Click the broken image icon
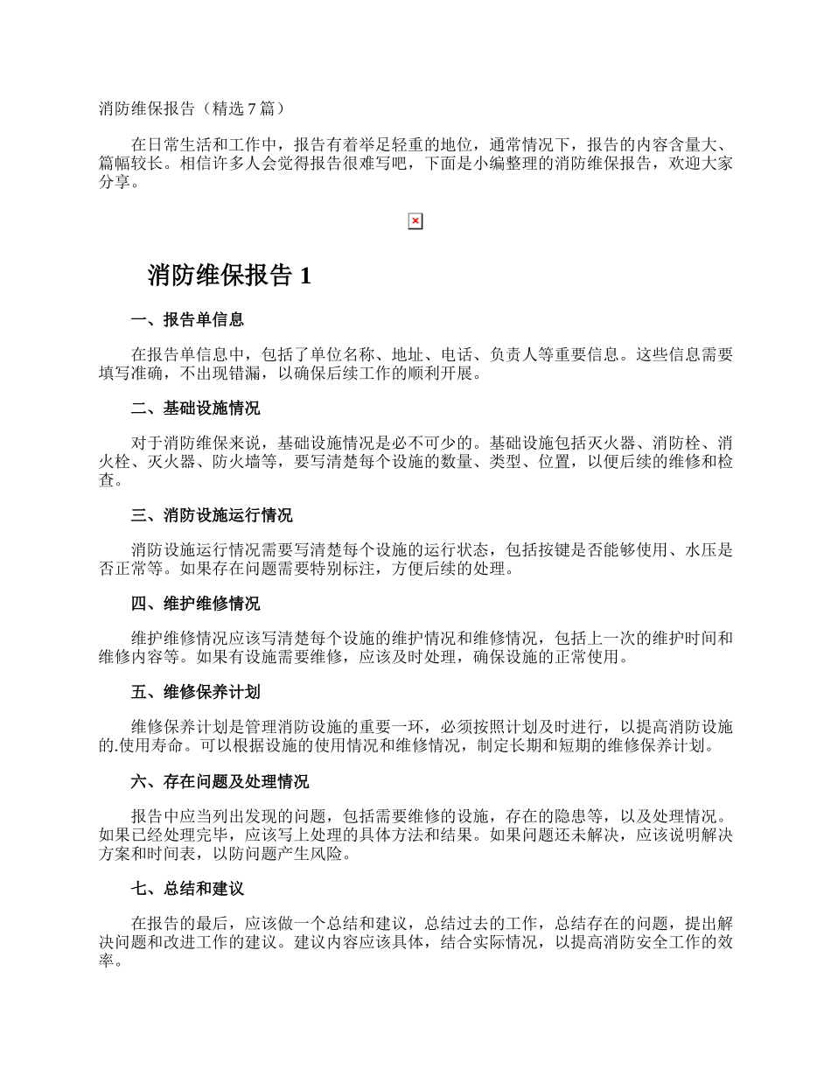[415, 221]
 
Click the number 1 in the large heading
[304, 276]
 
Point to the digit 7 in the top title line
[253, 108]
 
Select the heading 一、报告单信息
[187, 319]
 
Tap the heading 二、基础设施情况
[195, 409]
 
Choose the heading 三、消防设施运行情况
[212, 515]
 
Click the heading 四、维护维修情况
[195, 604]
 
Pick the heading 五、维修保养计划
[195, 692]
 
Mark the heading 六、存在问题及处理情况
[220, 781]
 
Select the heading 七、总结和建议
[187, 889]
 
